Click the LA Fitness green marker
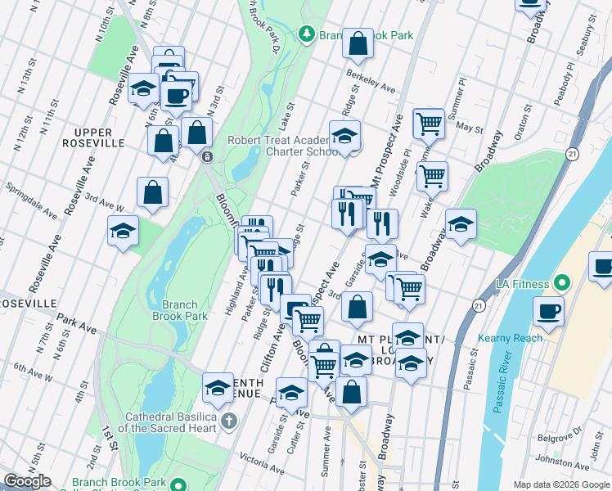(x=561, y=284)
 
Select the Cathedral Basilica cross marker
(x=229, y=421)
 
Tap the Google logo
(x=27, y=481)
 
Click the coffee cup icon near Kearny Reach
(x=547, y=311)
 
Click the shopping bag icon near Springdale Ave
(x=153, y=193)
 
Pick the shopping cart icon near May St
(x=428, y=124)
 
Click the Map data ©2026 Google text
(x=560, y=484)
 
